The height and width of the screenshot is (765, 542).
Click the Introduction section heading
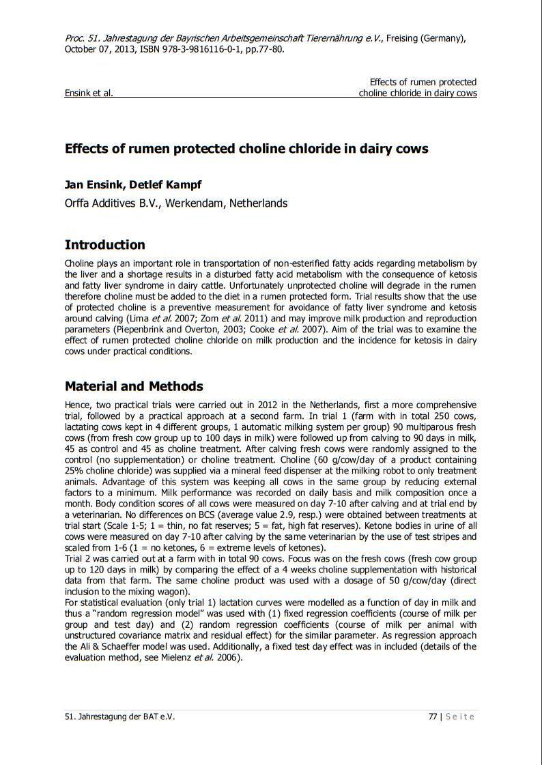pyautogui.click(x=104, y=245)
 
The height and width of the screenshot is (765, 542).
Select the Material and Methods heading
pyautogui.click(x=133, y=386)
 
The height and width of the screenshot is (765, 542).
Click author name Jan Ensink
pyautogui.click(x=94, y=184)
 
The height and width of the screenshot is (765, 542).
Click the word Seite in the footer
pyautogui.click(x=460, y=717)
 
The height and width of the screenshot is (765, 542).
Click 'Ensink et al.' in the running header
pyautogui.click(x=89, y=93)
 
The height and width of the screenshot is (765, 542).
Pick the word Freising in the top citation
pyautogui.click(x=403, y=38)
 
